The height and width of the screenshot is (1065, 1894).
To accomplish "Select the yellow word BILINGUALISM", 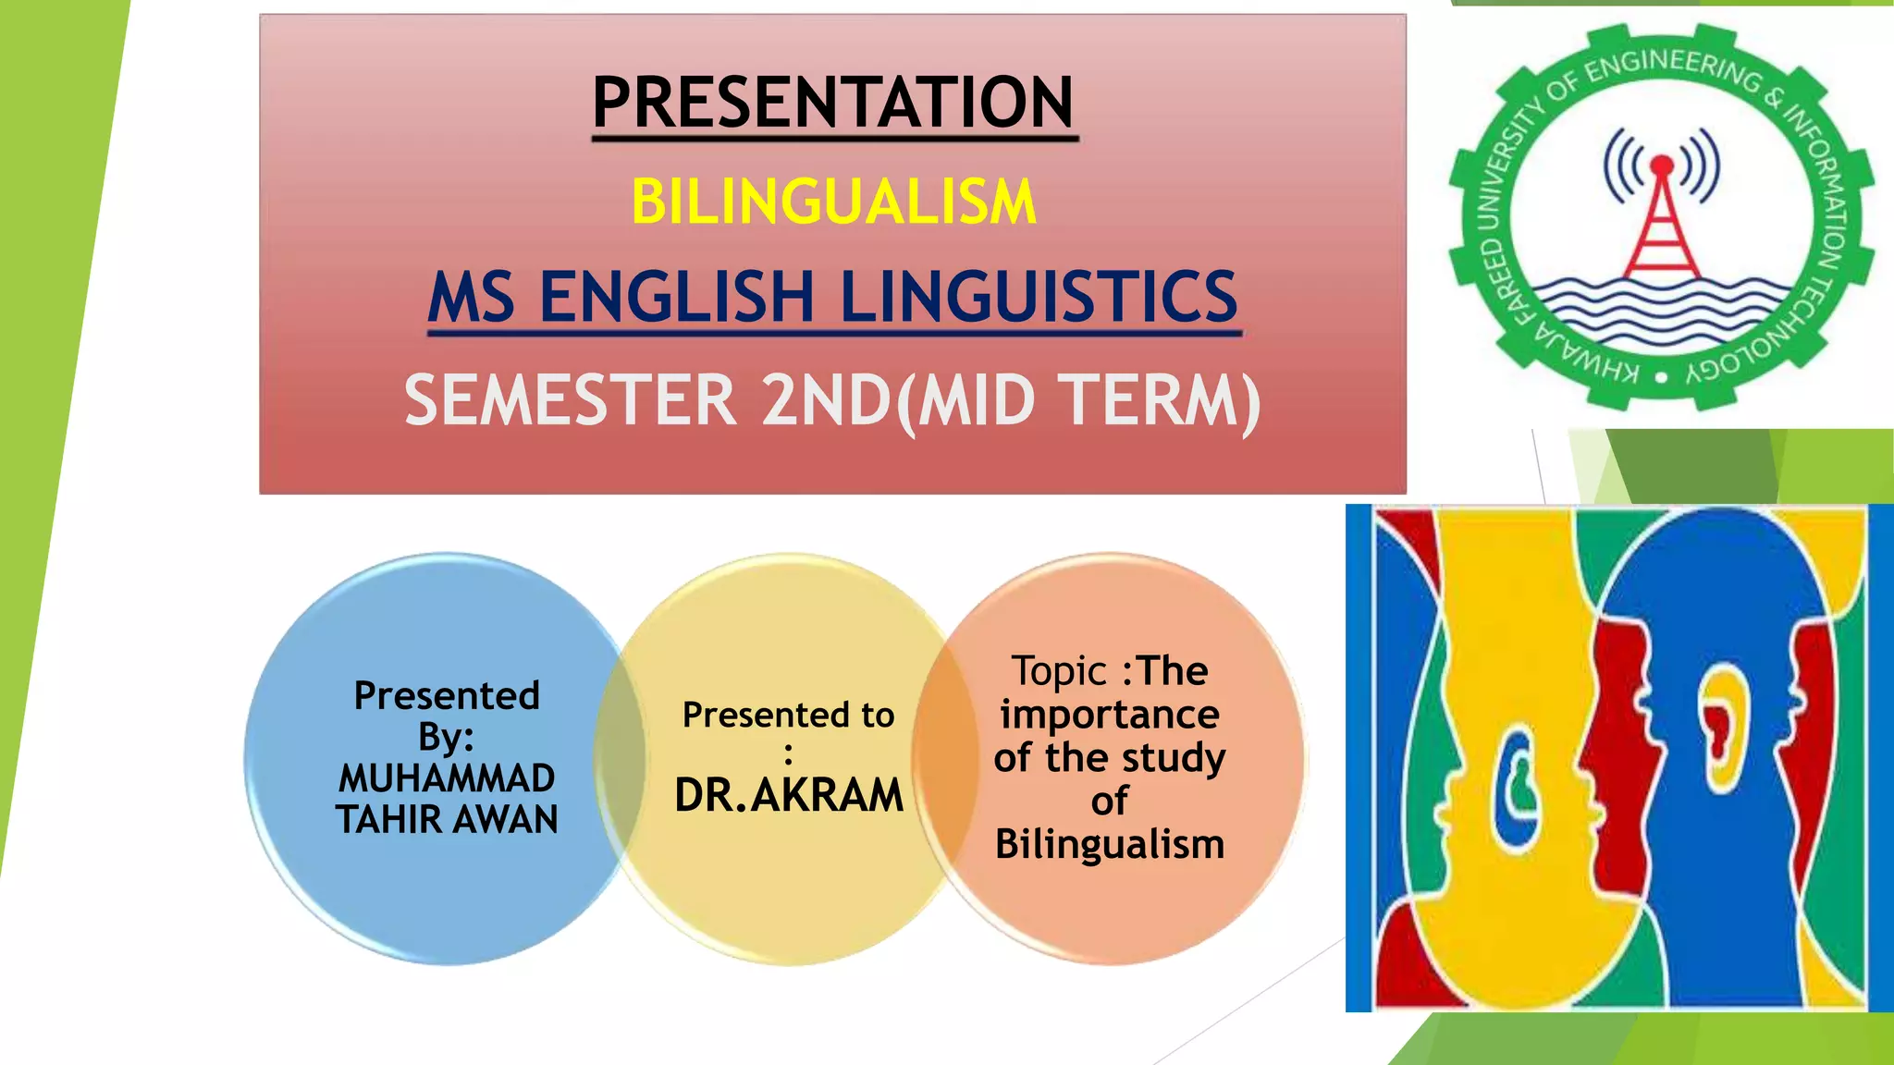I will tap(833, 202).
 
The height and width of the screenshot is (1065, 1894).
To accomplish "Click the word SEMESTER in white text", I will tap(570, 400).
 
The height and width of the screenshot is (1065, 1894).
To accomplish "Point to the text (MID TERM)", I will tap(1078, 402).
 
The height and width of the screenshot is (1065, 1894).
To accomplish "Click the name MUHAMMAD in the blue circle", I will tap(447, 778).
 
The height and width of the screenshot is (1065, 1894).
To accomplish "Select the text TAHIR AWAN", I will tap(447, 820).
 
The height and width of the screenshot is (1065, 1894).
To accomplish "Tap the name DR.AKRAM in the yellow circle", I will tap(789, 795).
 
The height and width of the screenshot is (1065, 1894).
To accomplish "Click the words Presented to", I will tap(789, 715).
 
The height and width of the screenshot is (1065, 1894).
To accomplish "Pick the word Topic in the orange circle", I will tap(1059, 671).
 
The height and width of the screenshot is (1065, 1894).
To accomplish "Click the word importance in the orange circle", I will tap(1110, 714).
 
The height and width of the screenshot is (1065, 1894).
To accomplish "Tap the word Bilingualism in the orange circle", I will tap(1110, 844).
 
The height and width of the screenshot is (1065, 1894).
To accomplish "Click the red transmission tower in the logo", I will tap(1662, 222).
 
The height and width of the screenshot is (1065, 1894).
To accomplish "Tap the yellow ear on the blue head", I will tap(1723, 730).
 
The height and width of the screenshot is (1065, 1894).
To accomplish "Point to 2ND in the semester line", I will tap(826, 400).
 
